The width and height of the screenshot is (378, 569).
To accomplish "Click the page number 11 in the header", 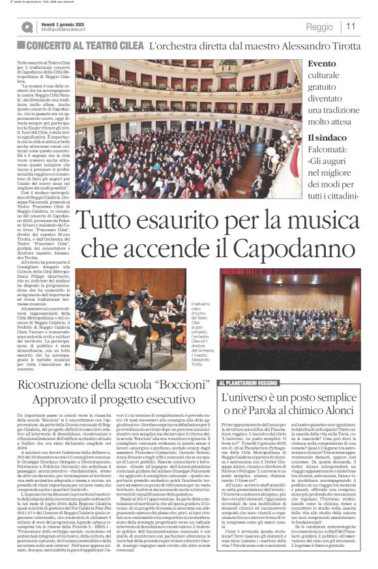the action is (351, 27).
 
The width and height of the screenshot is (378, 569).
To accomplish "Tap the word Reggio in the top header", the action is (319, 27).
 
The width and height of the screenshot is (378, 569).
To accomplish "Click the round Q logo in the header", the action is (27, 27).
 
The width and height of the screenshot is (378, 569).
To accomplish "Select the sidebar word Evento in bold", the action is (323, 64).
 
